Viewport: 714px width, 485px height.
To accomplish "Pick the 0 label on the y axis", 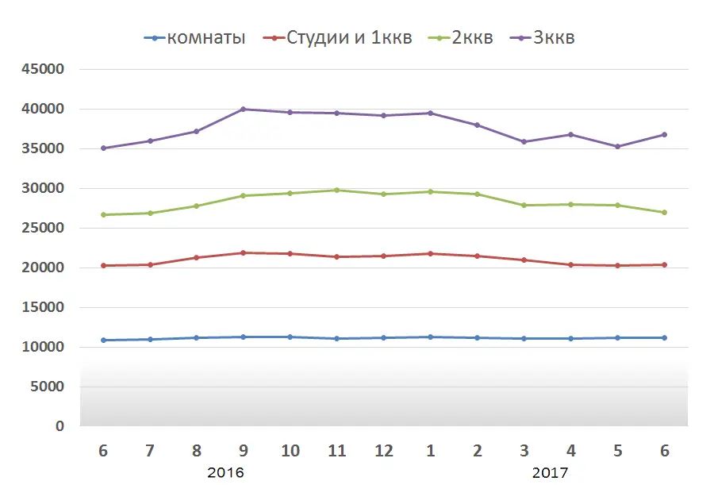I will pos(60,427).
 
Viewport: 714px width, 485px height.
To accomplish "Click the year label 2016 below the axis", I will pos(225,473).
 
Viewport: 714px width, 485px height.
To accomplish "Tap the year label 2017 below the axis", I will pos(550,473).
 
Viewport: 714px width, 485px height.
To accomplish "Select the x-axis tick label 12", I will pos(384,451).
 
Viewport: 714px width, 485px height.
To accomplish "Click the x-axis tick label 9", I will pos(244,451).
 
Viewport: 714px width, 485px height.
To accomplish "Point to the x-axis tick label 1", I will pos(431,451).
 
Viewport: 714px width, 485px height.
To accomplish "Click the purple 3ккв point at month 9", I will pos(244,110).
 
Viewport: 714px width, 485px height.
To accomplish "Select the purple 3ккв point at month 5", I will pos(618,147).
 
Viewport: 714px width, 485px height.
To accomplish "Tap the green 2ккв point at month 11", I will pos(337,191).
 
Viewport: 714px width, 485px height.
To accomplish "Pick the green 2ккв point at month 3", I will pos(524,206).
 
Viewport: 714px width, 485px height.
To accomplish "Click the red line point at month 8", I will pos(197,258).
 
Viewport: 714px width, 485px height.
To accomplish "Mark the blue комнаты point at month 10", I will pos(290,337).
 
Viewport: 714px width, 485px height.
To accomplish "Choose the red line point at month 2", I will pos(478,256).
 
